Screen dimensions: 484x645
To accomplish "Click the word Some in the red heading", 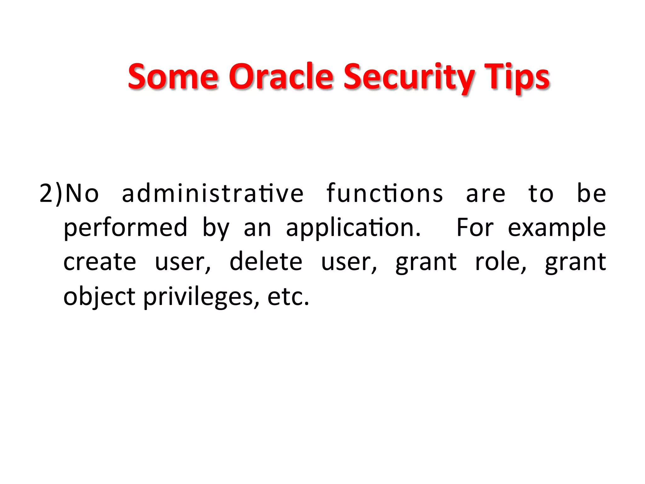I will tap(173, 77).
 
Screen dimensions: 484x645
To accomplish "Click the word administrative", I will tap(213, 193).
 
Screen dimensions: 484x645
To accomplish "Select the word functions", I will tap(385, 193).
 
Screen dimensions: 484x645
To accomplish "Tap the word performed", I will tap(125, 228).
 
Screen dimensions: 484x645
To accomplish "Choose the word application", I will tap(353, 228).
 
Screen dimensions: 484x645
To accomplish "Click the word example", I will tap(557, 228).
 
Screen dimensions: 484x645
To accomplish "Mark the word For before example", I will tap(475, 228).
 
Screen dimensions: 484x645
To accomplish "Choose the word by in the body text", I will tap(216, 228).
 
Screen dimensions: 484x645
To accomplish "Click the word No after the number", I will tap(82, 193).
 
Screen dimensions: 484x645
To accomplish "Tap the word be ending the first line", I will tap(591, 193).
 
